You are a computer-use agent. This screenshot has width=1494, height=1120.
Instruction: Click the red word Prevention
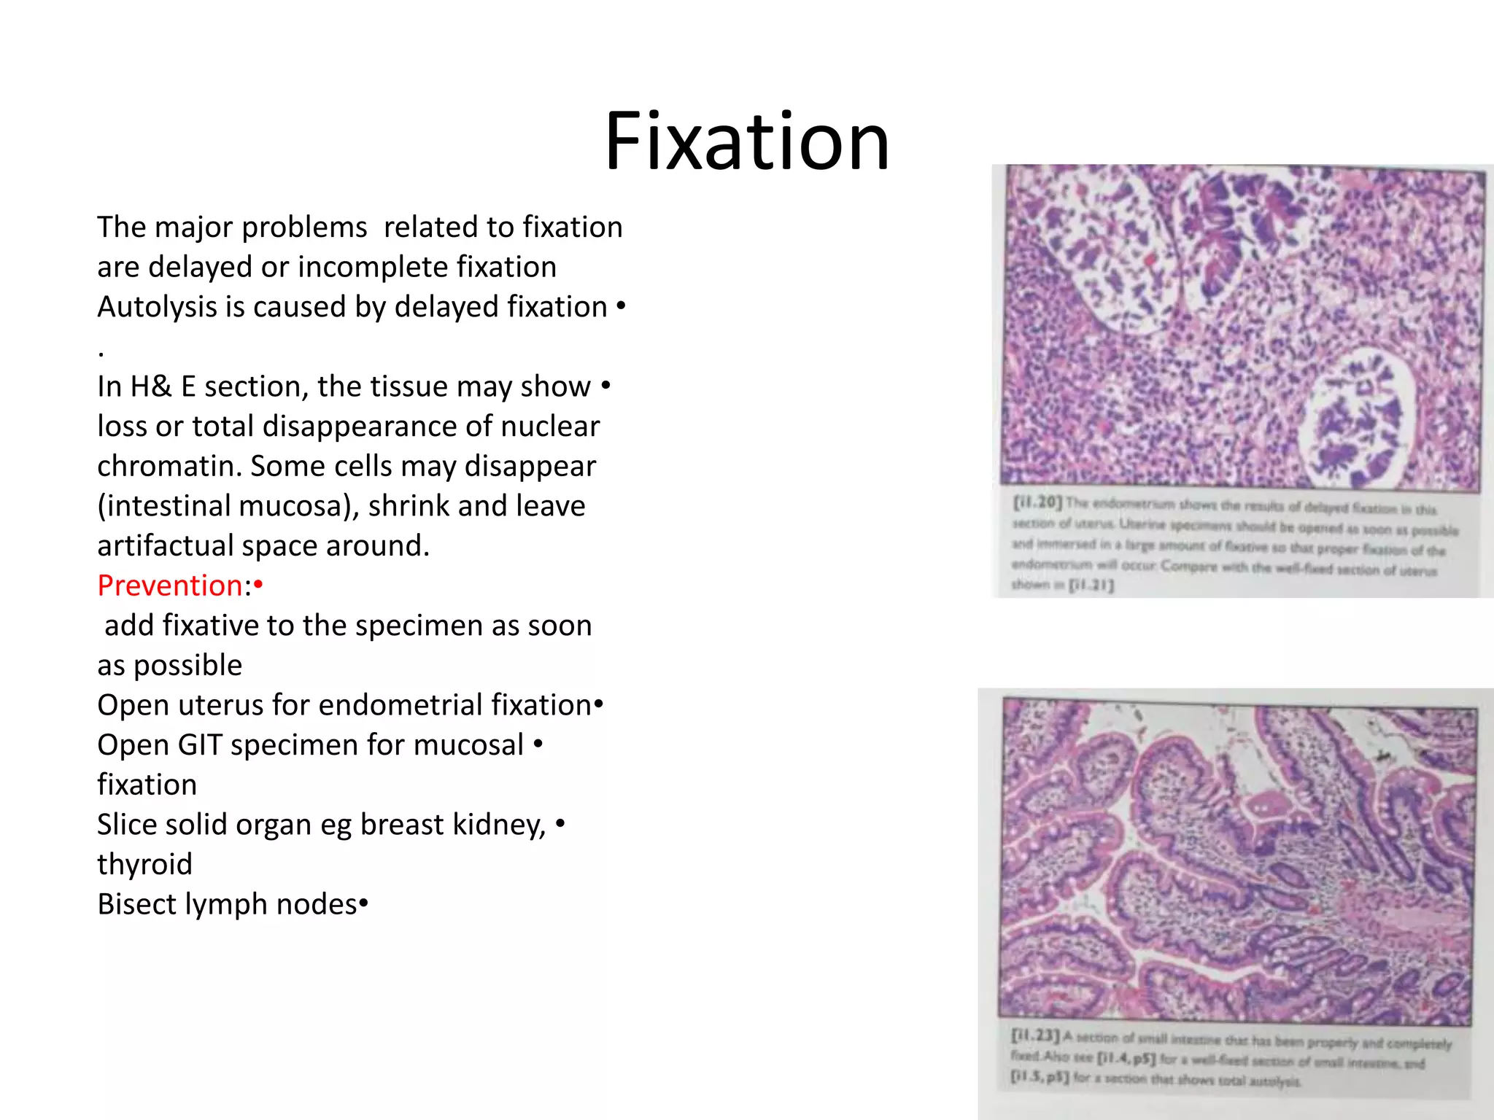coord(169,586)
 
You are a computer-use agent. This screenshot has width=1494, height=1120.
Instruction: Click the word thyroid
coord(144,865)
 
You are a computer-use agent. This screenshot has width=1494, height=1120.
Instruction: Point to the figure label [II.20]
coord(1037,502)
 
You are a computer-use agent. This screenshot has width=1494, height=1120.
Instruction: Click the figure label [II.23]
coord(1034,1035)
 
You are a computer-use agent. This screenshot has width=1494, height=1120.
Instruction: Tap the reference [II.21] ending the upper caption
coord(1091,585)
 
